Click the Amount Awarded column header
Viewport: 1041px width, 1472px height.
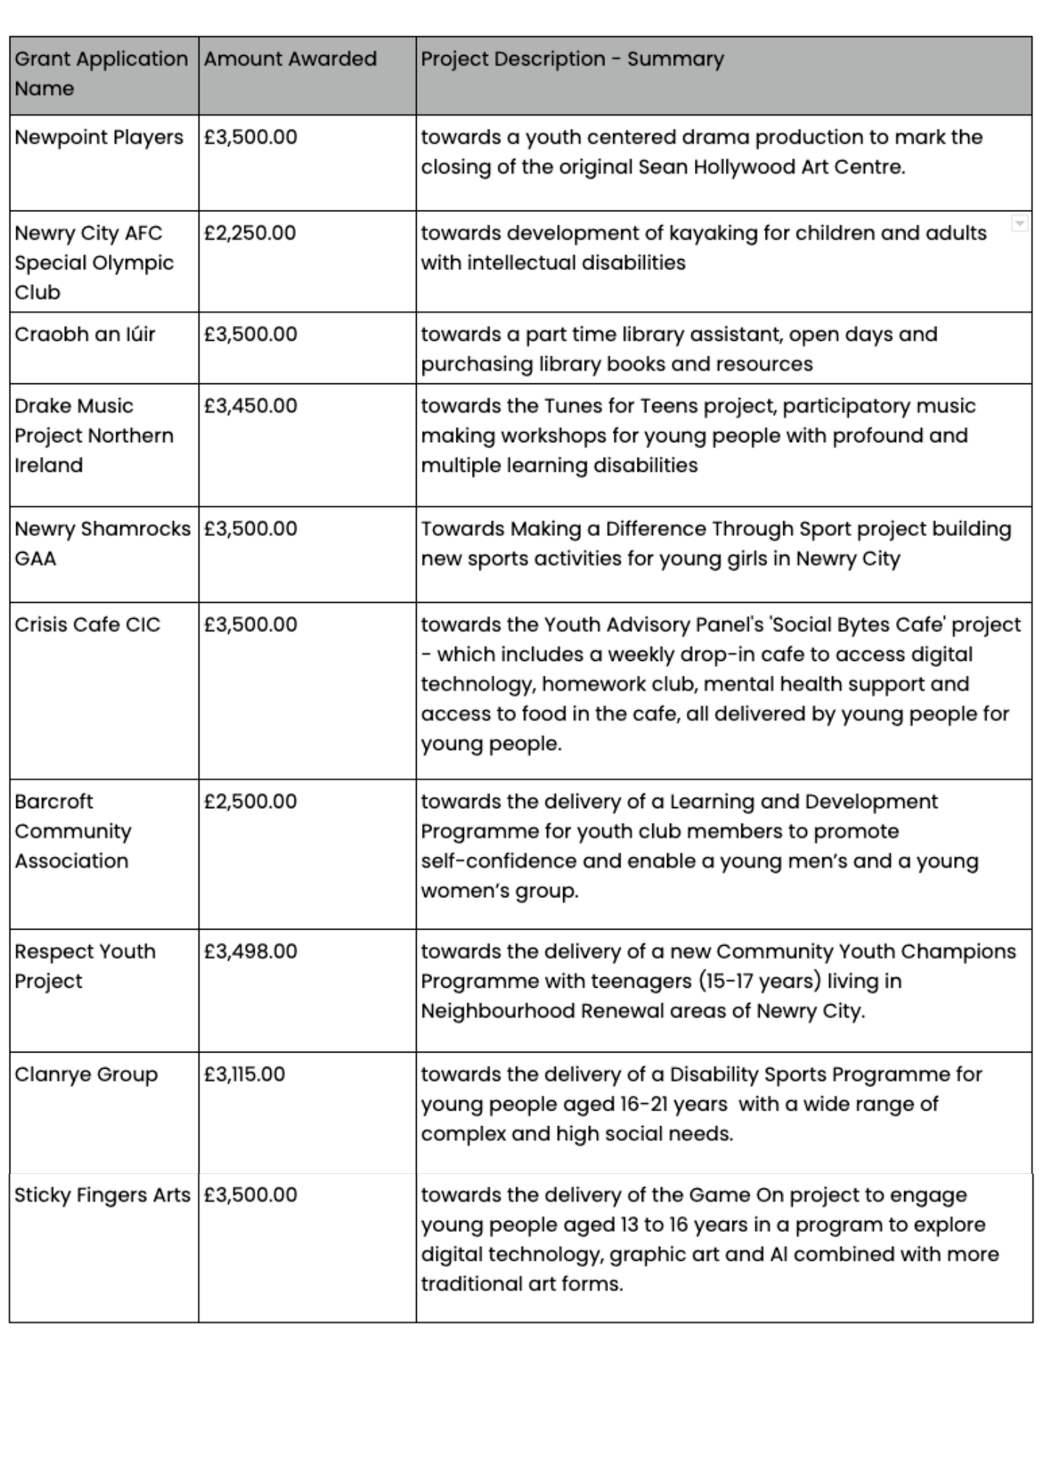click(x=290, y=59)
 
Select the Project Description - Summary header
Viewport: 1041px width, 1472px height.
click(x=572, y=59)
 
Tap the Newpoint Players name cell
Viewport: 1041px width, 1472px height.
click(x=99, y=138)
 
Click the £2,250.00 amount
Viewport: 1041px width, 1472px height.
click(x=250, y=233)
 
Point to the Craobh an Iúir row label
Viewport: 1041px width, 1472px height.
click(x=85, y=334)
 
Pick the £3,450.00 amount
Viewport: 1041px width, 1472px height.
click(x=250, y=406)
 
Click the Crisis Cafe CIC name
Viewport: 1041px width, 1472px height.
click(x=87, y=625)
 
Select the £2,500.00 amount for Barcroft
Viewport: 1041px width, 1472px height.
click(x=250, y=802)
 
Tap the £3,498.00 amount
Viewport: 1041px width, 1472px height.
click(x=250, y=952)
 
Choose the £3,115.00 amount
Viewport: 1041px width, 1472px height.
click(x=244, y=1075)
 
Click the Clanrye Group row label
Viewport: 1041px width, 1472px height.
click(x=86, y=1075)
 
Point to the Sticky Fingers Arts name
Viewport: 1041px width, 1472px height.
click(x=102, y=1195)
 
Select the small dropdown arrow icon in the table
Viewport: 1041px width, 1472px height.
click(x=1019, y=223)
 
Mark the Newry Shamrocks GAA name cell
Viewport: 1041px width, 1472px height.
click(x=102, y=543)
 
